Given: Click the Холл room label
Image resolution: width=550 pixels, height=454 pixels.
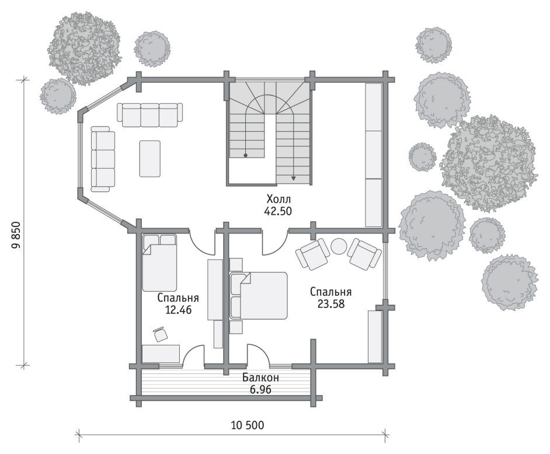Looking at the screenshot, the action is [279, 200].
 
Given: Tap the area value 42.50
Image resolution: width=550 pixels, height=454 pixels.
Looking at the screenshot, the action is [279, 211].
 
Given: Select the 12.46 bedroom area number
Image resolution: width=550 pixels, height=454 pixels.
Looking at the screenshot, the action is [178, 310].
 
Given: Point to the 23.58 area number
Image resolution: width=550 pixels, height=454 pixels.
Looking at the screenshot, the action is [331, 303].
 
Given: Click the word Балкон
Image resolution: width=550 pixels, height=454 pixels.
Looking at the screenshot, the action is [260, 378].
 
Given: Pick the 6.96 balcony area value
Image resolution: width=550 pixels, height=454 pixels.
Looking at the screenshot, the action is [260, 389].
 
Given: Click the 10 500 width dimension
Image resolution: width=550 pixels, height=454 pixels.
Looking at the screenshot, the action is [248, 425].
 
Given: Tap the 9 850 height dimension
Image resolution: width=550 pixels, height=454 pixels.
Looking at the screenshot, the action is [16, 235].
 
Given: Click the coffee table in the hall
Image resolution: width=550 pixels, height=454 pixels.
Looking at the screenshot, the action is [150, 159].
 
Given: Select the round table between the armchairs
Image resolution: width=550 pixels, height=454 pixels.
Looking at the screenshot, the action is [339, 246].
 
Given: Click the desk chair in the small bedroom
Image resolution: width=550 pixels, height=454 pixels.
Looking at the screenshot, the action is [159, 334].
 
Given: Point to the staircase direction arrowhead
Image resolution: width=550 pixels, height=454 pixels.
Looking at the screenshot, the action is [294, 179].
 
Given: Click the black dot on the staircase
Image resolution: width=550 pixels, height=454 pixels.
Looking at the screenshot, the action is [246, 155].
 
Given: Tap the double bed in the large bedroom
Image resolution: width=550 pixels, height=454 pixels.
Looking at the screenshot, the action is [259, 295].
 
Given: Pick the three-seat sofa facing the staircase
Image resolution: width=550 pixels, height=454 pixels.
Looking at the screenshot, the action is [150, 114].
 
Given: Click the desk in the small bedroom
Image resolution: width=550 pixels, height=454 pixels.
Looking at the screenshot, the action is [161, 354].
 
